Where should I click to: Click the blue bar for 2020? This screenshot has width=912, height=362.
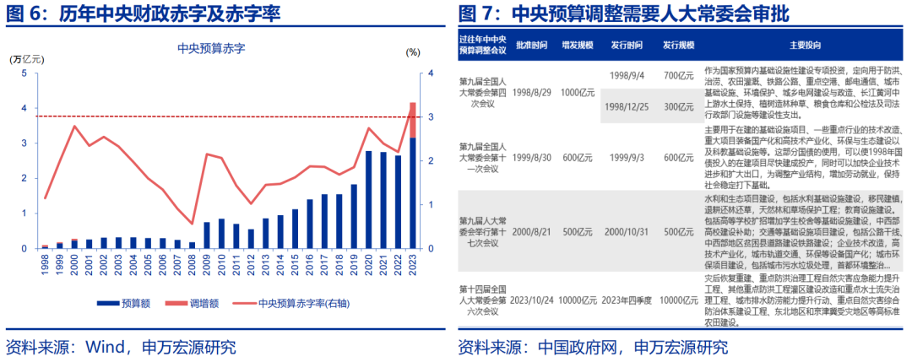click(x=369, y=200)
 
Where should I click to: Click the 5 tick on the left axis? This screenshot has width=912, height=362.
click(x=24, y=73)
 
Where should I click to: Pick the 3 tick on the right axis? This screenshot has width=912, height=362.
click(x=432, y=117)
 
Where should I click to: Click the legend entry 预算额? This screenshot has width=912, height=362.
click(x=126, y=300)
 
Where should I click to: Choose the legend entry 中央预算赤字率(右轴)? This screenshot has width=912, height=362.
click(x=304, y=300)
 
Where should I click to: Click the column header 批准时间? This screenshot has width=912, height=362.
click(x=531, y=45)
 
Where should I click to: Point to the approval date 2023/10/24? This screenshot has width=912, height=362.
click(x=531, y=300)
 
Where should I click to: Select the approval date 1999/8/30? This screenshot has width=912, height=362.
click(x=531, y=157)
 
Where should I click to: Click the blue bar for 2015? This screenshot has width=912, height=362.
click(x=296, y=229)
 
